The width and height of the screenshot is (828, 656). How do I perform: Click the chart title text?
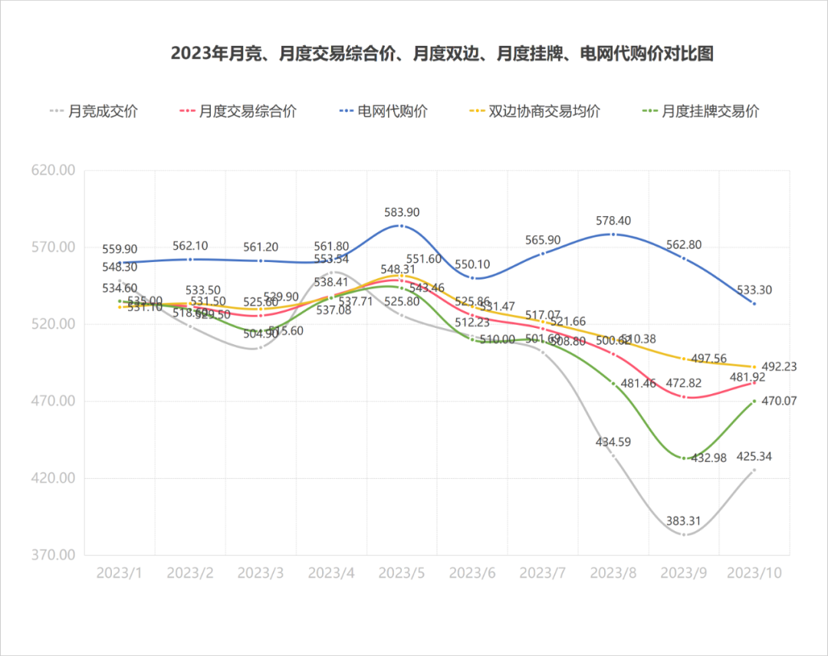pyautogui.click(x=442, y=54)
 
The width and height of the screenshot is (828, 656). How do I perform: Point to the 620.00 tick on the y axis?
pyautogui.click(x=53, y=170)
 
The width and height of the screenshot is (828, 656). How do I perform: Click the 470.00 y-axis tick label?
pyautogui.click(x=53, y=401)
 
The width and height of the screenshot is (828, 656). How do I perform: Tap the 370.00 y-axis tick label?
pyautogui.click(x=53, y=555)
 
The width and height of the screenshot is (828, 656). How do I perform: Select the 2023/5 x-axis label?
pyautogui.click(x=402, y=573)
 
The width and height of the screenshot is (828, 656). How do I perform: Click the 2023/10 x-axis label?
pyautogui.click(x=754, y=573)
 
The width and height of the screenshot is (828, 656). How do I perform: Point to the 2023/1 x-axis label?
pyautogui.click(x=120, y=573)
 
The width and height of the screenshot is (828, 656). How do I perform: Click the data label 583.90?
pyautogui.click(x=402, y=212)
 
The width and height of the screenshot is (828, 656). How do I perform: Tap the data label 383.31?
pyautogui.click(x=682, y=521)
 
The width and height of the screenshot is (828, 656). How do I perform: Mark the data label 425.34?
pyautogui.click(x=754, y=456)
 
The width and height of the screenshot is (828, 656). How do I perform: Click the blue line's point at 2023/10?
pyautogui.click(x=754, y=304)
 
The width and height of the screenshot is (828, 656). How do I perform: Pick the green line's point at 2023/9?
pyautogui.click(x=684, y=458)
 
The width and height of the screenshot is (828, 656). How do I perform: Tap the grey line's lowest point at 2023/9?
pyautogui.click(x=684, y=535)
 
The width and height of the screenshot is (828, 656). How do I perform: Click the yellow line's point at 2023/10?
pyautogui.click(x=754, y=367)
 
